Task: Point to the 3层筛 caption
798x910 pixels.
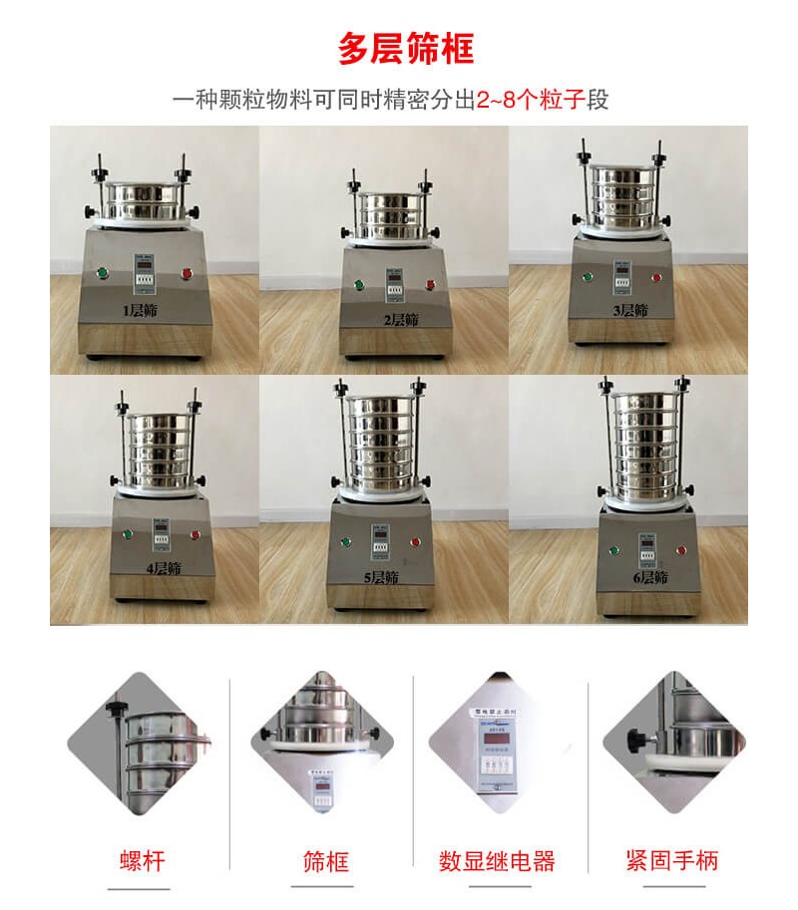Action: [629, 311]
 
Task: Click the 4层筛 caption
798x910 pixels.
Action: [163, 569]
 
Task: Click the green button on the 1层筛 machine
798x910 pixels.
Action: [101, 272]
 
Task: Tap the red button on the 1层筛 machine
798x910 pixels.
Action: [186, 272]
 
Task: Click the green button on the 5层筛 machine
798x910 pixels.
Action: [345, 542]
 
